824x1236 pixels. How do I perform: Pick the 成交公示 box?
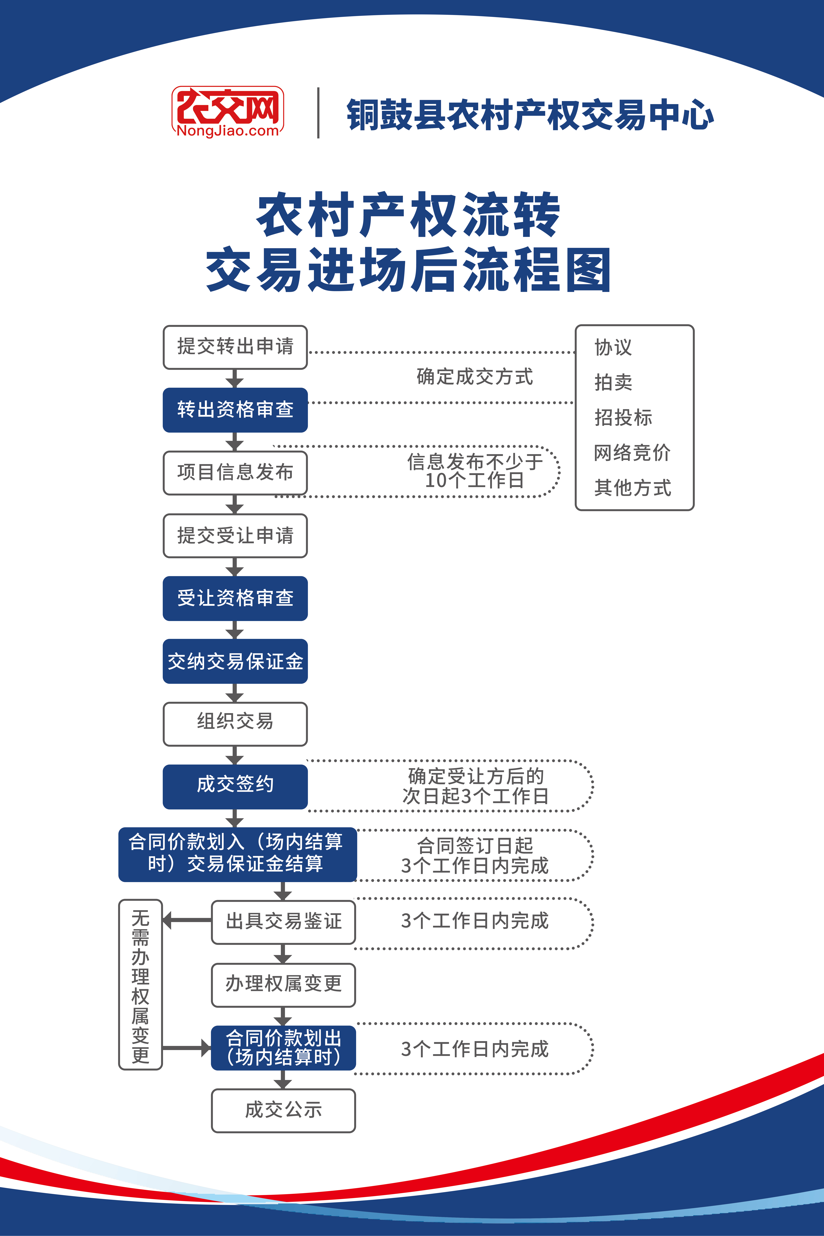click(283, 1110)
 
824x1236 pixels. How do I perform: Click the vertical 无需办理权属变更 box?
click(140, 984)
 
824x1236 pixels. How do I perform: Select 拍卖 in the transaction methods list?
click(613, 382)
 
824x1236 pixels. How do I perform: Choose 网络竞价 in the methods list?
click(632, 453)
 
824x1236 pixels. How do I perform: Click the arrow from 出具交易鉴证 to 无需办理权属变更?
click(187, 920)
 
